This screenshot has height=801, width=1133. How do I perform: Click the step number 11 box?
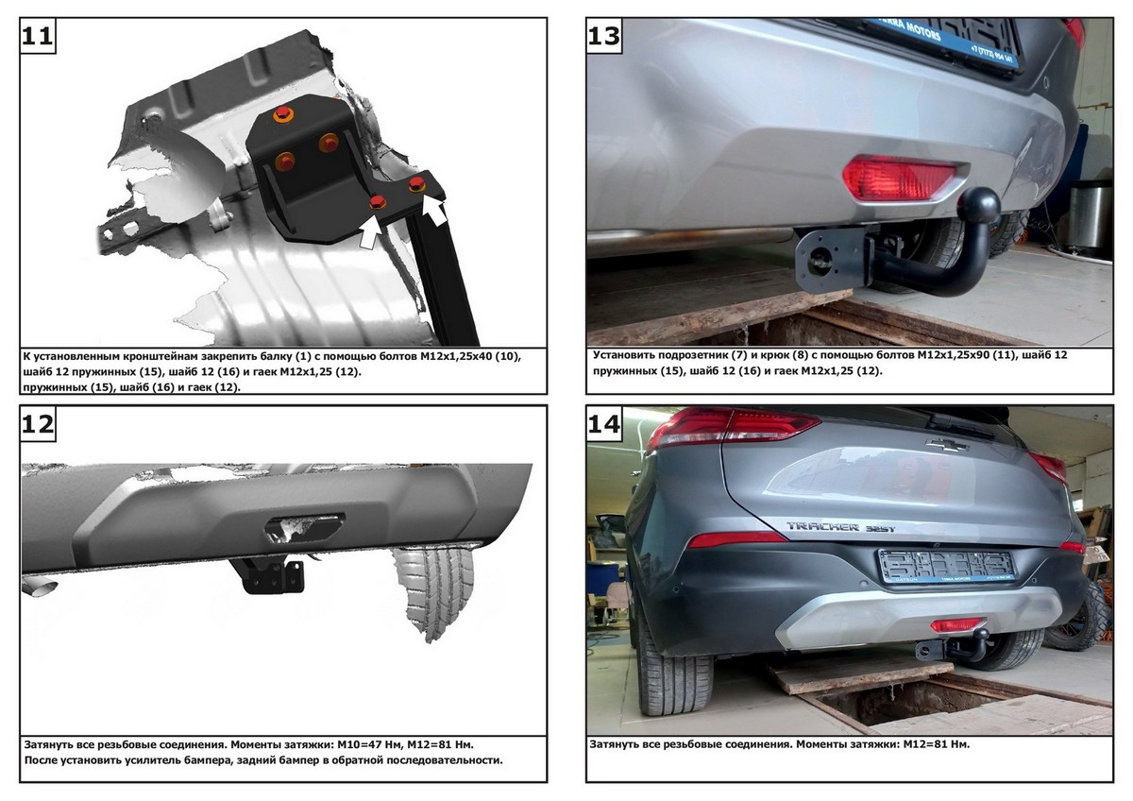pos(38,35)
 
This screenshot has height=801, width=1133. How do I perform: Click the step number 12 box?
pos(38,423)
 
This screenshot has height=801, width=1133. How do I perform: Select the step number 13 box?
pos(604,35)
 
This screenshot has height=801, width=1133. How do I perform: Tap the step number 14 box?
pos(604,423)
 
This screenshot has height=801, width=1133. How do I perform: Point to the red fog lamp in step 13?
pos(898,178)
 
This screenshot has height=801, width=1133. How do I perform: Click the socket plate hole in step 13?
pos(820,262)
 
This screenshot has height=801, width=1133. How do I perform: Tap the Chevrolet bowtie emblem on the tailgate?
pos(947,445)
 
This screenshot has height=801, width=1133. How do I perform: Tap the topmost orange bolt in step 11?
pos(283,114)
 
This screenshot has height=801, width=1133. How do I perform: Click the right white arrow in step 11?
pos(434,211)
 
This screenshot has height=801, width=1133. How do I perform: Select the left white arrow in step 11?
pos(371,231)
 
